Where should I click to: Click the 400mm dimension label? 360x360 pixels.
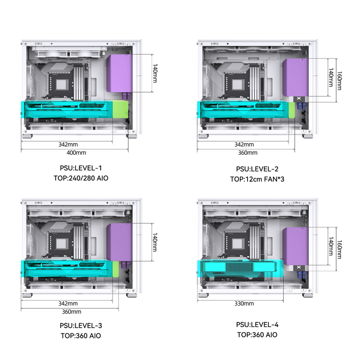tap(76, 153)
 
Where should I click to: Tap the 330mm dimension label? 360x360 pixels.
tap(244, 303)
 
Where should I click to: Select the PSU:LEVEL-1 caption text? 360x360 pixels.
tap(81, 168)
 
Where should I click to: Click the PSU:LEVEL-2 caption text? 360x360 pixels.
tap(257, 169)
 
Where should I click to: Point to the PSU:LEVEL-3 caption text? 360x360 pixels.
tap(81, 325)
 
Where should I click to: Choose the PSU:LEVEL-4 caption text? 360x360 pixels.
tap(257, 324)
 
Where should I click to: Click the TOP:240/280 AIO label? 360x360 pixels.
tap(81, 178)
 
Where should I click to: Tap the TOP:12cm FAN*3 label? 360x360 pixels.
tap(257, 179)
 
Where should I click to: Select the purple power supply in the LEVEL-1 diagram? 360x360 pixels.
tap(119, 73)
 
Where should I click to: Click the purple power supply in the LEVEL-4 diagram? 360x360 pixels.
tap(296, 246)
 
